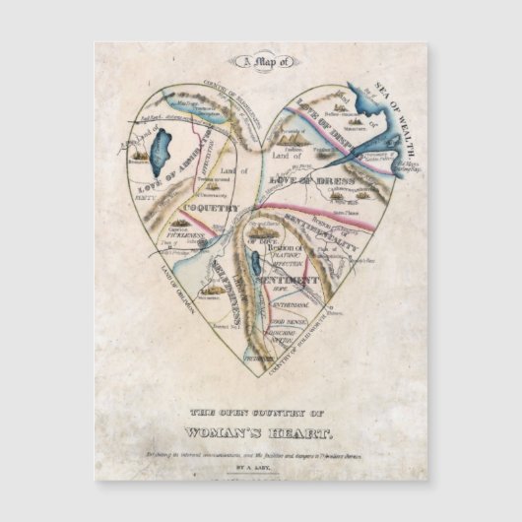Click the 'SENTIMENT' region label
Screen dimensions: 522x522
point(287,282)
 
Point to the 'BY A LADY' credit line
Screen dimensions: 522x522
point(261,471)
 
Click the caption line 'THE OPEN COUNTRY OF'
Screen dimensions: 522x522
point(261,414)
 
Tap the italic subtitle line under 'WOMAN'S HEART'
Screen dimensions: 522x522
point(261,449)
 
